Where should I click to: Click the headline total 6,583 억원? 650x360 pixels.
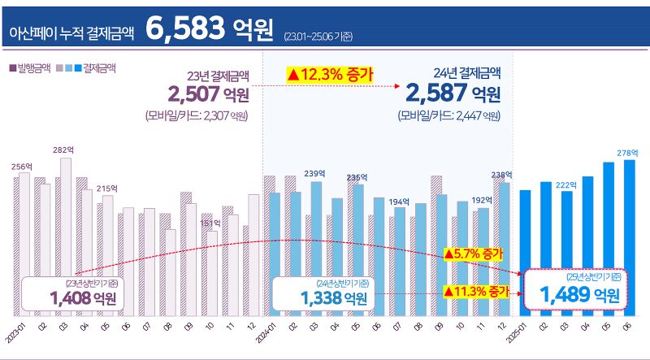pos(209,28)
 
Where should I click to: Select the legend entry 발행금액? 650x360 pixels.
pos(31,68)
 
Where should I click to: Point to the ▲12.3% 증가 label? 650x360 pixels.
pos(329,75)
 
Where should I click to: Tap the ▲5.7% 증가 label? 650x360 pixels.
pos(474,254)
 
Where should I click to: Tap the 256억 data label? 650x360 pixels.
pos(21,166)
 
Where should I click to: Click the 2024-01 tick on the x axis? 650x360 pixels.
pos(265,332)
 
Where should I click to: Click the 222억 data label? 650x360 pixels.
pos(565,184)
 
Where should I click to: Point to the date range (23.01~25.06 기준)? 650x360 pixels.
pos(318,36)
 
